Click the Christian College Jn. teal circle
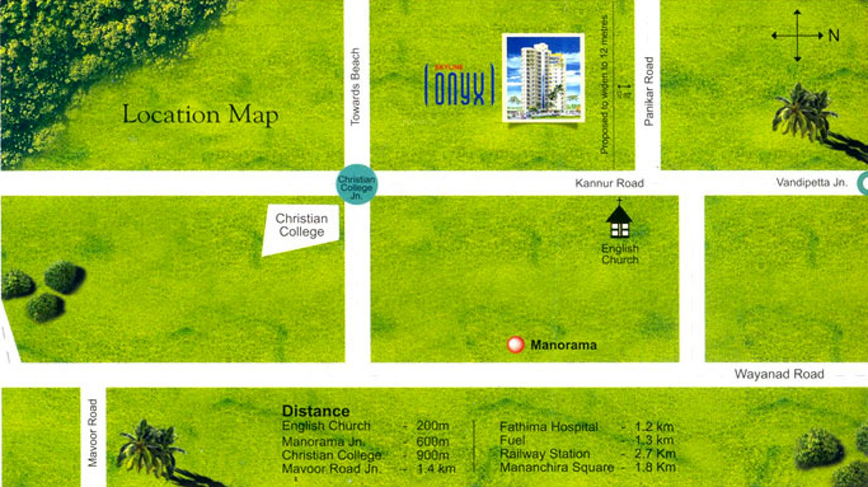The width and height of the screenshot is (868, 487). point(356,185)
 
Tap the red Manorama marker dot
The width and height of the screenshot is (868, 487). point(515,345)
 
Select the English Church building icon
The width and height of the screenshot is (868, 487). point(619,220)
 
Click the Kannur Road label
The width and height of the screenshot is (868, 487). point(609,183)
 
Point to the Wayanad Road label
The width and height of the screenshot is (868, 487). point(779,374)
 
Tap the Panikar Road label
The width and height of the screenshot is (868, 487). point(649,91)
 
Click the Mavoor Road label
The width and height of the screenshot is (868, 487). point(92,433)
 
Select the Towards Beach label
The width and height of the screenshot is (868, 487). point(355,87)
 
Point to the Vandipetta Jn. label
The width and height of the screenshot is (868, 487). point(811,182)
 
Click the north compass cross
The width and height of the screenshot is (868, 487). point(797,36)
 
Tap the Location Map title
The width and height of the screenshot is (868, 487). point(200,115)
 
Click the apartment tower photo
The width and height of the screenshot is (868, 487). point(543,77)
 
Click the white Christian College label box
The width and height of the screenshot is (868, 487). point(301,228)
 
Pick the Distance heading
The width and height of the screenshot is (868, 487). point(316,411)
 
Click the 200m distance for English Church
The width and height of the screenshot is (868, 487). point(433,426)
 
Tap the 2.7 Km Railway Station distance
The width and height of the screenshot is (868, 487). point(654,454)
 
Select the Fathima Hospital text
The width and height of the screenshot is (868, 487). point(548,427)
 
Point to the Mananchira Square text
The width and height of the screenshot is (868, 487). point(556,468)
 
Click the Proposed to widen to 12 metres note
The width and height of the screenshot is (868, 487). point(604,84)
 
